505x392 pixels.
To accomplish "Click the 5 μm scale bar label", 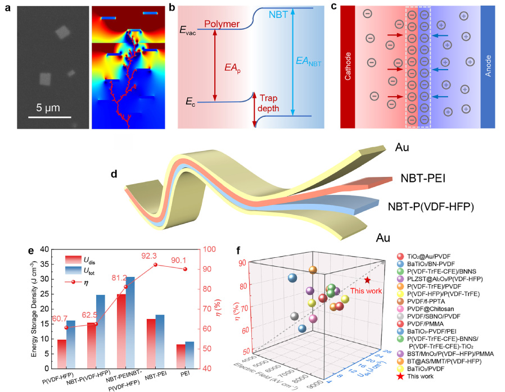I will (x=49, y=107).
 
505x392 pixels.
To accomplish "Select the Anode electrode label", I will (x=488, y=66).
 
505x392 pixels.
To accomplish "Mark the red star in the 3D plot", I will (x=367, y=280).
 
